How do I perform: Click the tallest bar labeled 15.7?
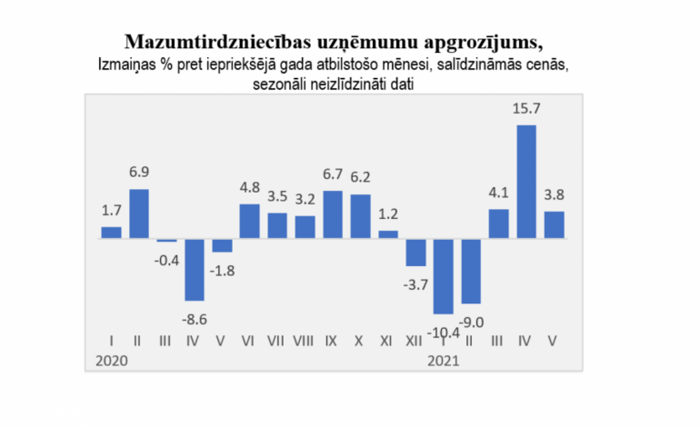pos(526,182)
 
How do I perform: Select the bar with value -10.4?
pos(443,276)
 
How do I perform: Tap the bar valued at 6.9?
pos(139,214)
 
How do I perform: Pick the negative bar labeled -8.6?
pos(195,269)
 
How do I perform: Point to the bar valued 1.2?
pos(388,234)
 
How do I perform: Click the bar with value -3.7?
pos(415,252)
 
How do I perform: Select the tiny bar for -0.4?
pos(166,240)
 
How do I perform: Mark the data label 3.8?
pos(555,195)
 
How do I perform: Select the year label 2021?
pos(443,360)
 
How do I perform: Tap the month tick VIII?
pos(305,342)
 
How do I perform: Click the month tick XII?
pos(415,342)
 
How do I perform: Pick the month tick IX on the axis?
pos(333,342)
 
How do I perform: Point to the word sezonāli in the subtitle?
pos(284,84)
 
